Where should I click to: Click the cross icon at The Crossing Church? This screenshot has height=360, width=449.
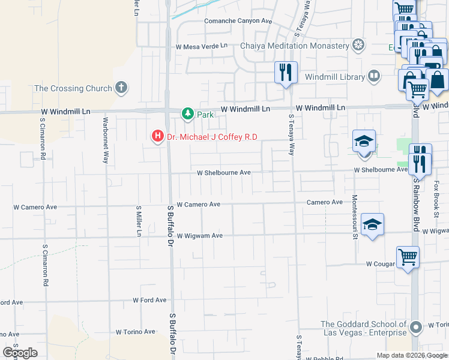coord(121,88)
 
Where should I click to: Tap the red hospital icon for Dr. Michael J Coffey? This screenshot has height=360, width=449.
coord(158,137)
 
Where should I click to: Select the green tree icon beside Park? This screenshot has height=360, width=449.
coord(188,114)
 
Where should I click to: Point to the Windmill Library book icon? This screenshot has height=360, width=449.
coord(374,76)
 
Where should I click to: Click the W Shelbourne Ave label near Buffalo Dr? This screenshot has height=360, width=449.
coord(224,173)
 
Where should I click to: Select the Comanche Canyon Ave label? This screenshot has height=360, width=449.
coord(238,20)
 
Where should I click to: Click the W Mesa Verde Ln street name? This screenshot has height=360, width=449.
coord(201,46)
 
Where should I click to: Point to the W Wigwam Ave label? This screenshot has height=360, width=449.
coord(199,236)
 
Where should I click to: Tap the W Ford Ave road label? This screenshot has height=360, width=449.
coord(149,299)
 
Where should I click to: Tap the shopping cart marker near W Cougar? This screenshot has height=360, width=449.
coord(408,257)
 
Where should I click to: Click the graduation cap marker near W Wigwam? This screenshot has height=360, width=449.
coord(372,225)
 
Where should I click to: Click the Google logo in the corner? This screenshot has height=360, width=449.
coord(20,353)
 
